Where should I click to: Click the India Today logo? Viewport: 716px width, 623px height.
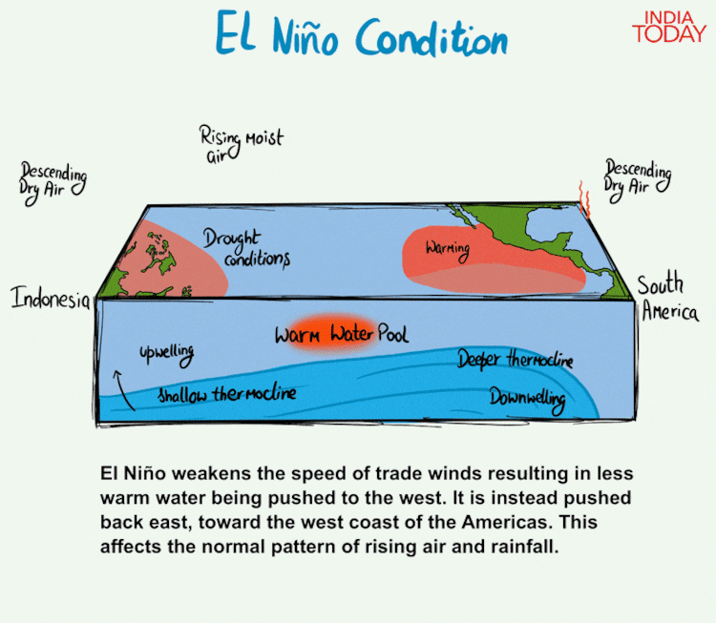[x=669, y=28]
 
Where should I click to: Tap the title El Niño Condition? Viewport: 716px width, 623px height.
[x=362, y=33]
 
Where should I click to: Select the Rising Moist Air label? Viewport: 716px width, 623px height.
[x=242, y=144]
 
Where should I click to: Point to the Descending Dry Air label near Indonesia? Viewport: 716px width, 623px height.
[x=53, y=183]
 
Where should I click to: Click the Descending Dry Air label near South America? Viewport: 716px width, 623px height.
[x=638, y=179]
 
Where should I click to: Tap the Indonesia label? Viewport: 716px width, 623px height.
[x=51, y=298]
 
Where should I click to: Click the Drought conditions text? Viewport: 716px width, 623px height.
[x=246, y=248]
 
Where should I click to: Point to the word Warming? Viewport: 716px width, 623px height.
[x=448, y=250]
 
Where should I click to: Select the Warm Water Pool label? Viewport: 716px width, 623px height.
[x=342, y=334]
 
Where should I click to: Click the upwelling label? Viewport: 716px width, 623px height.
[x=167, y=354]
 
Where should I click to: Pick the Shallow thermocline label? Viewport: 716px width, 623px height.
[x=227, y=394]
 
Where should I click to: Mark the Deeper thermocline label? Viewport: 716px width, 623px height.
[x=516, y=359]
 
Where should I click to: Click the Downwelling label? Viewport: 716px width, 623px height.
[x=528, y=400]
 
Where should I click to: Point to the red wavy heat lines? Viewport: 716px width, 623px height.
[x=584, y=198]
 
